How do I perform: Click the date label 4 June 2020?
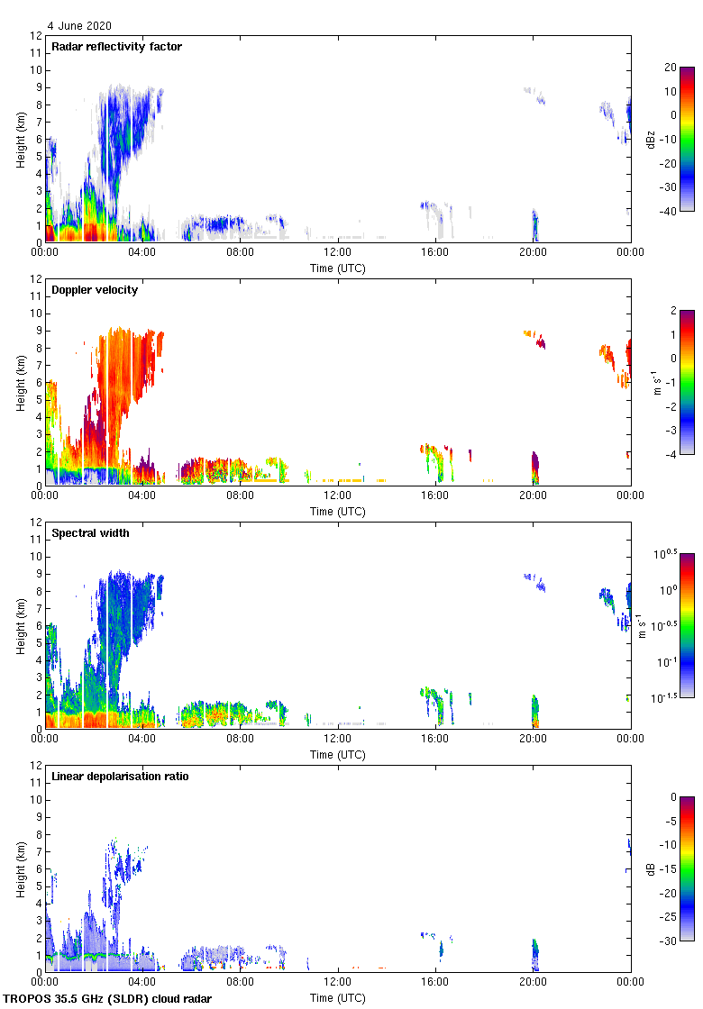point(80,26)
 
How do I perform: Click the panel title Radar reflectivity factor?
point(116,47)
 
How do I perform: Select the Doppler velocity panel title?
point(95,290)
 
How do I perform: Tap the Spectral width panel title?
point(90,533)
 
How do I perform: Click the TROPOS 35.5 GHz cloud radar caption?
point(108,999)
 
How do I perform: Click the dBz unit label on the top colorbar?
point(650,139)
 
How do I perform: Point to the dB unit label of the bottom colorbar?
point(650,869)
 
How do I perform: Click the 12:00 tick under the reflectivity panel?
point(338,252)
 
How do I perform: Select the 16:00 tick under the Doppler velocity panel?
point(435,495)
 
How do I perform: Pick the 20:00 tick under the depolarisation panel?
point(533,982)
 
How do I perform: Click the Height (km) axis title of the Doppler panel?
point(20,382)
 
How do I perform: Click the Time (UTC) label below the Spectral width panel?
point(338,754)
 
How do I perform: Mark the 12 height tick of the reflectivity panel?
point(37,36)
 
